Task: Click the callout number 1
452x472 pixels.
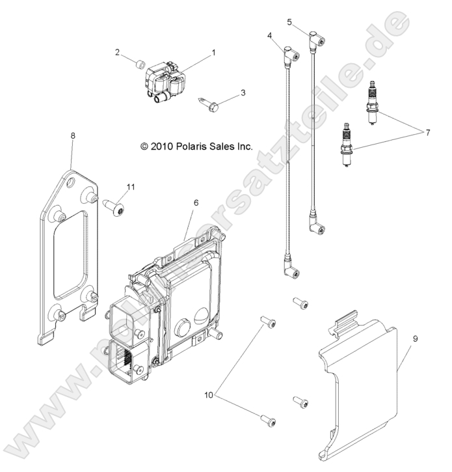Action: point(214,53)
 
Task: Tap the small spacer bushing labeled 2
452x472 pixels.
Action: point(140,64)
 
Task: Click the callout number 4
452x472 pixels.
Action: point(269,36)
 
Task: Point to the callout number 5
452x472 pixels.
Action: point(289,22)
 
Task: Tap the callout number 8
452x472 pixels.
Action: point(73,136)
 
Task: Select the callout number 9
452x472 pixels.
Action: point(416,339)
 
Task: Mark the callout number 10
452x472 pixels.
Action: point(209,395)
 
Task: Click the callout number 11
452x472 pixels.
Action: point(131,187)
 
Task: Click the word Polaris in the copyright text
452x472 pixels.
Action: point(191,146)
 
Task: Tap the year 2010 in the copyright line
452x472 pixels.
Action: point(161,146)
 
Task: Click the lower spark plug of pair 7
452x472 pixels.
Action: point(347,145)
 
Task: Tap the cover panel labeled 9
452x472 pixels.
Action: point(358,388)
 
